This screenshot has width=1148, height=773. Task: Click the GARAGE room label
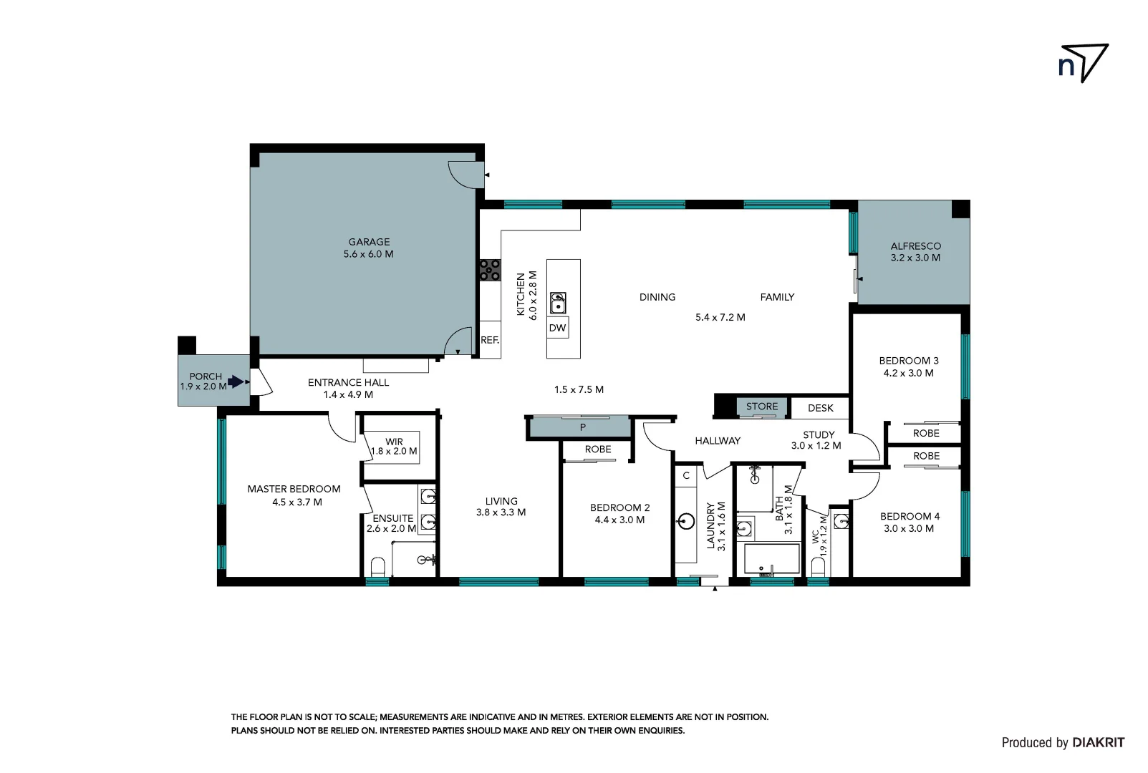pyautogui.click(x=369, y=242)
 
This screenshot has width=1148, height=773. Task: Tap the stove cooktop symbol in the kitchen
pyautogui.click(x=491, y=270)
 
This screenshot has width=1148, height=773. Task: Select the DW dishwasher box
pyautogui.click(x=557, y=329)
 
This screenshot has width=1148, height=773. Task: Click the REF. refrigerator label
pyautogui.click(x=490, y=340)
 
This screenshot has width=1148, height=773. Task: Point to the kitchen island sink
pyautogui.click(x=558, y=303)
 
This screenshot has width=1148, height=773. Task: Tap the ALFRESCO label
pyautogui.click(x=915, y=245)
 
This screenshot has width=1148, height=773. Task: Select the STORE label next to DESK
pyautogui.click(x=761, y=407)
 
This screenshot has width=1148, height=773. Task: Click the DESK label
pyautogui.click(x=821, y=408)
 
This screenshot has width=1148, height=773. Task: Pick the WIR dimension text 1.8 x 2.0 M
pyautogui.click(x=394, y=452)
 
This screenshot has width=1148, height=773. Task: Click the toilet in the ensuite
pyautogui.click(x=378, y=568)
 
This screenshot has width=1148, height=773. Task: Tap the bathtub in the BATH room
pyautogui.click(x=771, y=560)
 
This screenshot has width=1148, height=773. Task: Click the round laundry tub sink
pyautogui.click(x=686, y=521)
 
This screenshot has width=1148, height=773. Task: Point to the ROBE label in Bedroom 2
pyautogui.click(x=598, y=449)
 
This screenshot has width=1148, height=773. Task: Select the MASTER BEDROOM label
pyautogui.click(x=294, y=489)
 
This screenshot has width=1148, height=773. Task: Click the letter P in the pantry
pyautogui.click(x=583, y=427)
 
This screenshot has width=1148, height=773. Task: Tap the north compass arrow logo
pyautogui.click(x=1084, y=64)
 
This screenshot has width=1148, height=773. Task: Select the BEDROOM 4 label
pyautogui.click(x=910, y=516)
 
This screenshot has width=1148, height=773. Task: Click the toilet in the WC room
pyautogui.click(x=819, y=568)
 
